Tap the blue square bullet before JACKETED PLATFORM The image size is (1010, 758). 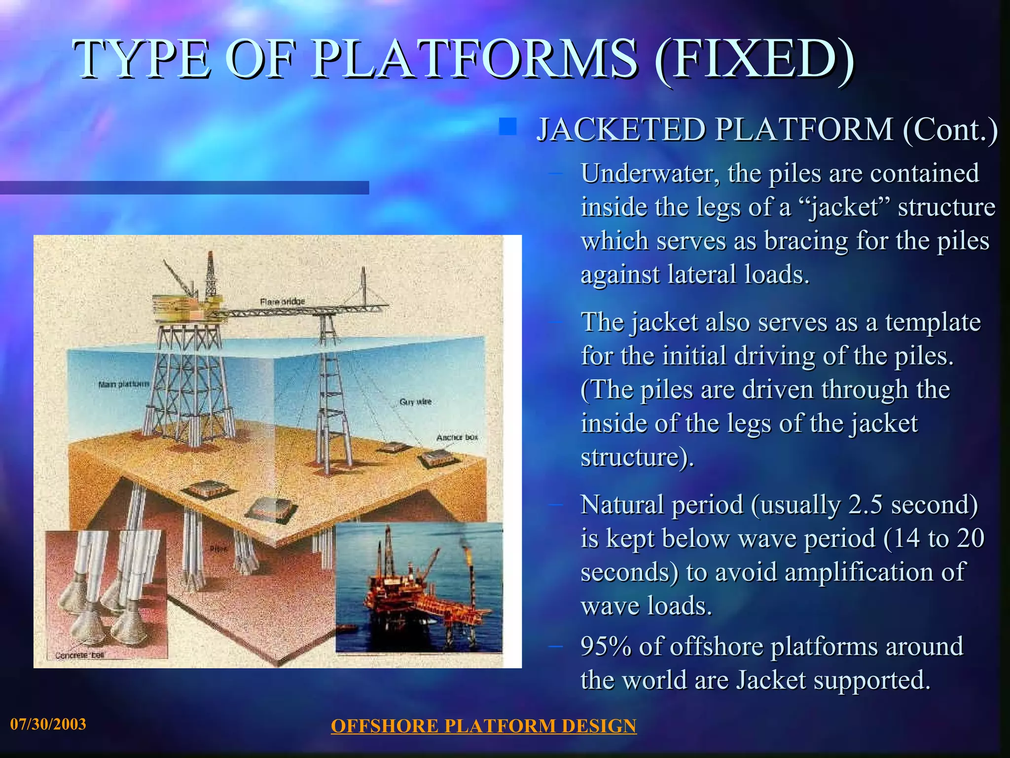[x=507, y=126]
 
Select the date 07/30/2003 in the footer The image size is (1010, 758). [x=48, y=724]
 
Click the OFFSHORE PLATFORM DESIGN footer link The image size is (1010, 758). [x=483, y=726]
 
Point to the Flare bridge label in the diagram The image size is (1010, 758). [x=282, y=302]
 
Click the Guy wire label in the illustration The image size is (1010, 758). [x=415, y=402]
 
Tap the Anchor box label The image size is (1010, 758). [x=457, y=438]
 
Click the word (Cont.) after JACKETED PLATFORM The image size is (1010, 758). [x=950, y=130]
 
